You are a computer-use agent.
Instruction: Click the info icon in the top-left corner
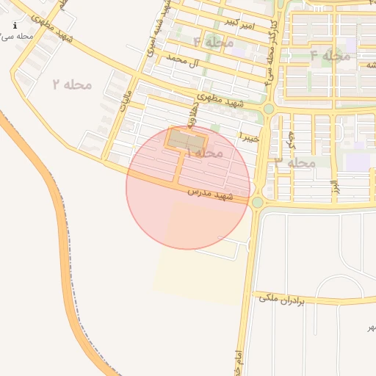pyautogui.click(x=15, y=25)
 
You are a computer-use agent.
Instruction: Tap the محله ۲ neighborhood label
pyautogui.click(x=73, y=84)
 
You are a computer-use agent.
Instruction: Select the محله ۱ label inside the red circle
pyautogui.click(x=205, y=153)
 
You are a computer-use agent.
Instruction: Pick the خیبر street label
pyautogui.click(x=250, y=136)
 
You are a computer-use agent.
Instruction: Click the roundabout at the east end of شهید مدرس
pyautogui.click(x=257, y=202)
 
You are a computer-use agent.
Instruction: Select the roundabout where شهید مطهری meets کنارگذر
pyautogui.click(x=269, y=109)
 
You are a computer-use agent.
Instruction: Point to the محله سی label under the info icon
pyautogui.click(x=18, y=35)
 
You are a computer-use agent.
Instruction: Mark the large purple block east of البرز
pyautogui.click(x=359, y=162)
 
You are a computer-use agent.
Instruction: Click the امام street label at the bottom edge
pyautogui.click(x=238, y=364)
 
